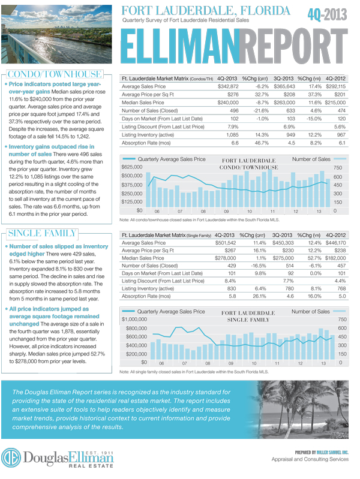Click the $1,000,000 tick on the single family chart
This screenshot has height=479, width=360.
pyautogui.click(x=134, y=320)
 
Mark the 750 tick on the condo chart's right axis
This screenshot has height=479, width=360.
pyautogui.click(x=337, y=168)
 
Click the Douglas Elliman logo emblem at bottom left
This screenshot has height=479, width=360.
pyautogui.click(x=11, y=458)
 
